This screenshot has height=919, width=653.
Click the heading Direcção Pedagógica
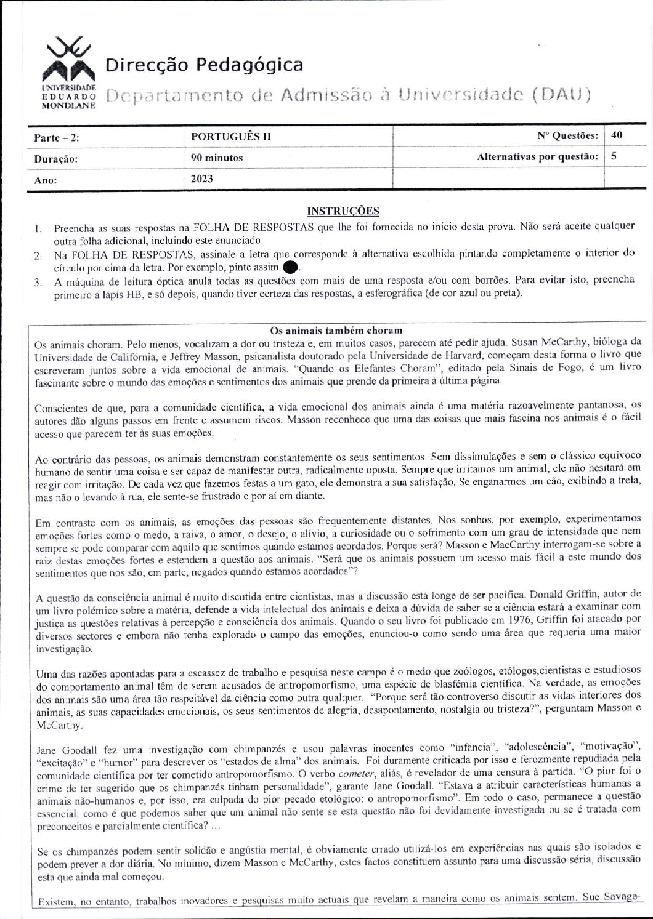(205, 65)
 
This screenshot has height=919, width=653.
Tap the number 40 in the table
(617, 135)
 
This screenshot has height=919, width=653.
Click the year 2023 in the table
(203, 179)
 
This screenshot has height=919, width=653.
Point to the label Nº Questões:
(567, 135)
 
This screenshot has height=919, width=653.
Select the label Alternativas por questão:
(538, 157)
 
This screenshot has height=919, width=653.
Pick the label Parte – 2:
(56, 138)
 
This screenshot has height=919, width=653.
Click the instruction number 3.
(38, 283)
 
